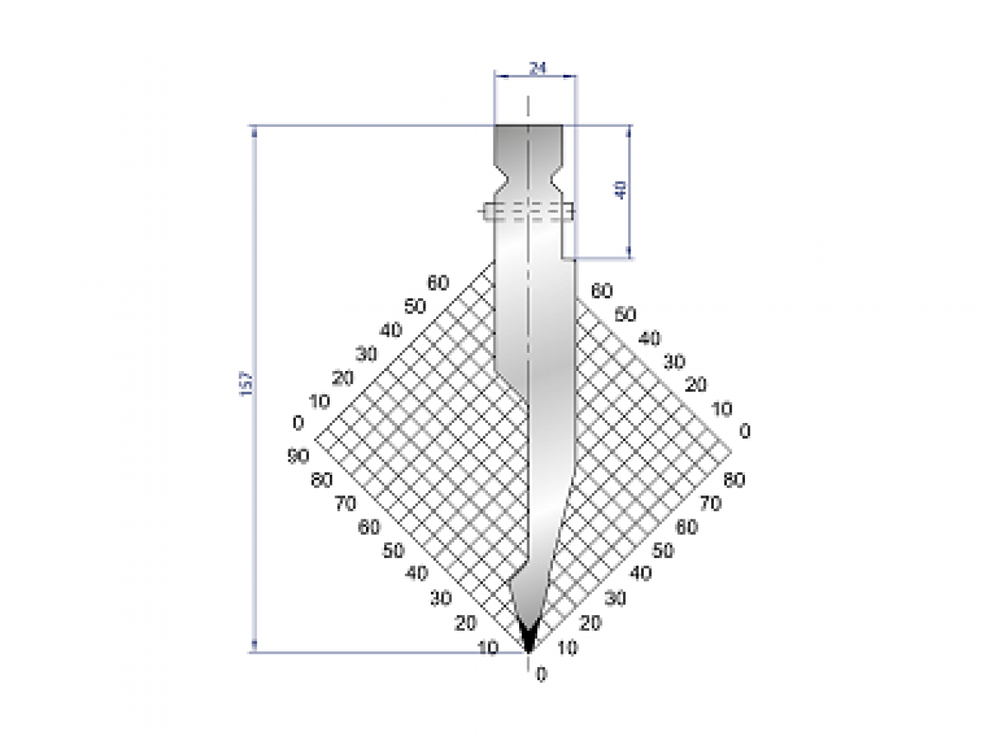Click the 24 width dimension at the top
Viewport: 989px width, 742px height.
point(537,68)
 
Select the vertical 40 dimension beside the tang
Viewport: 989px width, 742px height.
point(621,190)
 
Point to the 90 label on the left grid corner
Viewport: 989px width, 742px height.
point(298,456)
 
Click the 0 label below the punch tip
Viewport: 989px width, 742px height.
point(541,674)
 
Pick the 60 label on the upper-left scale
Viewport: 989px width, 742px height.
point(438,283)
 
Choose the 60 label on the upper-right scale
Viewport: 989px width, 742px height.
point(602,290)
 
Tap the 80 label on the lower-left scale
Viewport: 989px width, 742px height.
point(321,480)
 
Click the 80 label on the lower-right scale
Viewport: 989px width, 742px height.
point(733,480)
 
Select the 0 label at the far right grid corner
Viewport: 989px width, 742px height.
point(745,431)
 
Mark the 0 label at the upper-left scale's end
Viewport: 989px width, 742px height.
point(298,423)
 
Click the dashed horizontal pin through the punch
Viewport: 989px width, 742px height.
point(528,211)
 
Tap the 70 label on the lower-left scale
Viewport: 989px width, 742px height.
point(345,504)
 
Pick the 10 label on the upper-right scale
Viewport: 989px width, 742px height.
point(721,408)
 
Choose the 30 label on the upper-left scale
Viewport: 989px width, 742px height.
point(366,354)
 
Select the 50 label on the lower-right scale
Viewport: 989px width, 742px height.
point(663,550)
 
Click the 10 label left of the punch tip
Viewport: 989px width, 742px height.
point(488,648)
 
